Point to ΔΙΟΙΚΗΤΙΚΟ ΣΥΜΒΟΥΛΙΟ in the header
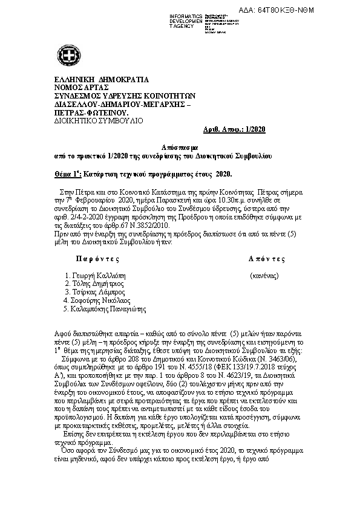point(99,121)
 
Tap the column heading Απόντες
point(267,259)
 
